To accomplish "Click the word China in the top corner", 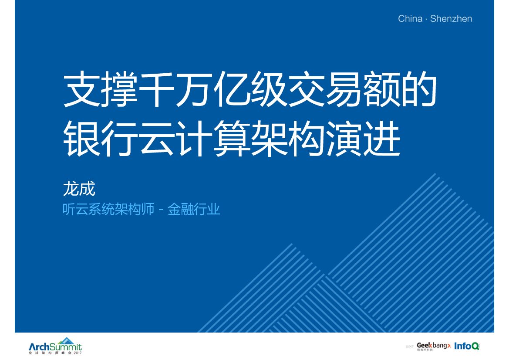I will pos(410,19).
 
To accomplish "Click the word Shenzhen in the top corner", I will pos(451,19).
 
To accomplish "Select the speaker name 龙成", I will pos(79,189).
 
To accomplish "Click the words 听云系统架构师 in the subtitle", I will pos(108,210).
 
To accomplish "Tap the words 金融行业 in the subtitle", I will pos(194,210).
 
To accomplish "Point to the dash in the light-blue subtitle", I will pos(161,210).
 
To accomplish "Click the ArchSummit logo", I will pos(55,347).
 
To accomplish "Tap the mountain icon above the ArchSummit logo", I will pos(66,340).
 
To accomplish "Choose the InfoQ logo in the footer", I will pos(466,346).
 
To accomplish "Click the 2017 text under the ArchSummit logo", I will pos(78,353).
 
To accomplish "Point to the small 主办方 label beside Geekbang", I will pos(409,346).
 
